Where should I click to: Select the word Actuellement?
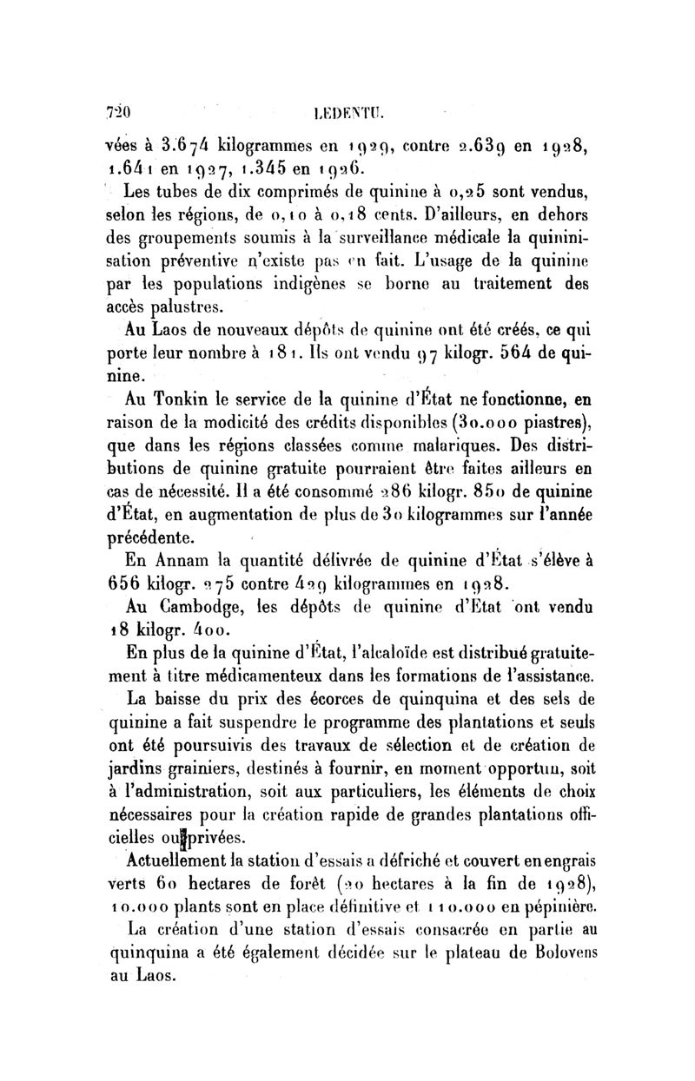[x=169, y=863]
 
